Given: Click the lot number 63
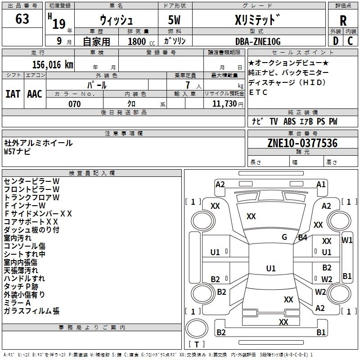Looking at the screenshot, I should [x=22, y=19].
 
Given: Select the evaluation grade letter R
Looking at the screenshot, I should [x=343, y=20].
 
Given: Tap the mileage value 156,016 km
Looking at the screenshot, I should [x=53, y=64].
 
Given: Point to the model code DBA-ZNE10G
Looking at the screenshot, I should [x=258, y=41].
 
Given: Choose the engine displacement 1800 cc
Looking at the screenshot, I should [x=137, y=42].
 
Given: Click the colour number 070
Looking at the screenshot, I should [x=74, y=104].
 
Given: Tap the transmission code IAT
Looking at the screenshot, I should [x=13, y=94].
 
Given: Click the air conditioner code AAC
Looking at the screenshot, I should [x=35, y=94].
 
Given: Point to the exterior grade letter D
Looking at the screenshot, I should [x=335, y=41].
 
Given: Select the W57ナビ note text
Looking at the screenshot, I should [x=18, y=152].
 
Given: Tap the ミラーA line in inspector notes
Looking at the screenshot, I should [x=17, y=303].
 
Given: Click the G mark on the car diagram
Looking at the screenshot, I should [x=284, y=237].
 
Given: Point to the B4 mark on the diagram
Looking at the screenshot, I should [x=302, y=237].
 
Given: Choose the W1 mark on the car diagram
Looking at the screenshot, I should [x=347, y=240].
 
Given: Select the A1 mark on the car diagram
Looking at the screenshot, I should [x=321, y=184].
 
